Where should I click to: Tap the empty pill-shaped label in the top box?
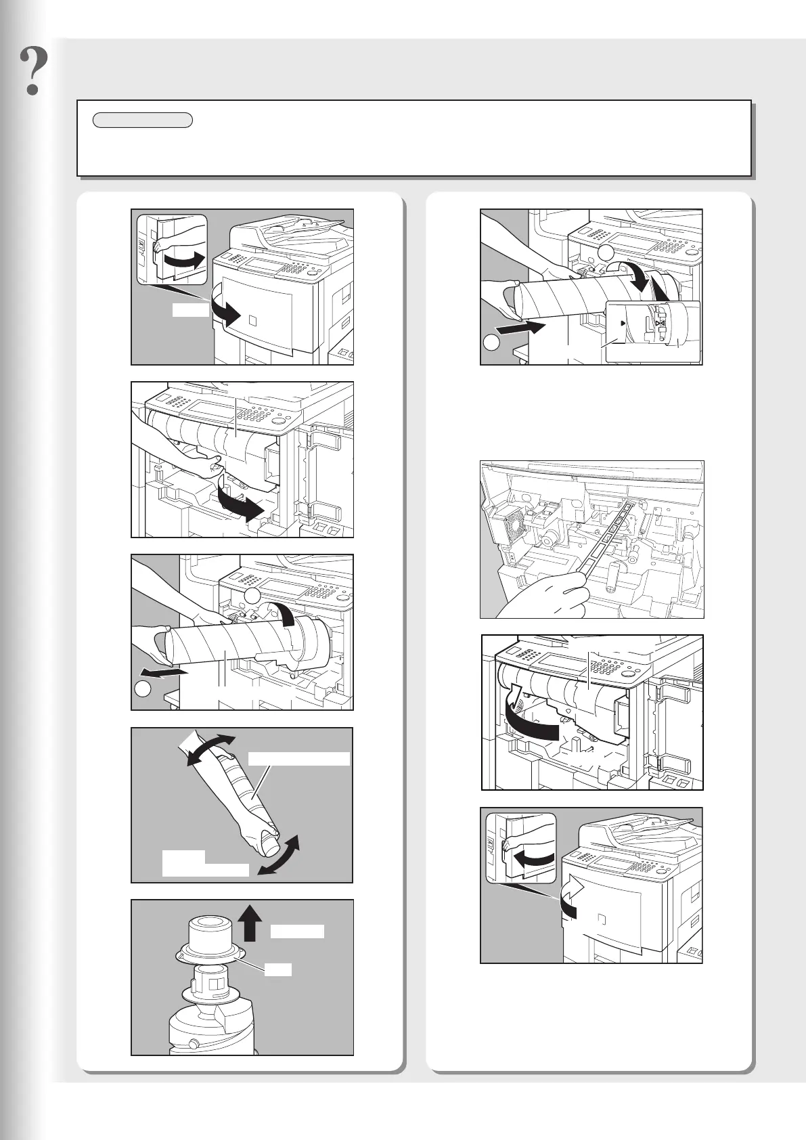[143, 121]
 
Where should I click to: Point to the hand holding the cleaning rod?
[541, 596]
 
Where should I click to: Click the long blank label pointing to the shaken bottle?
[298, 759]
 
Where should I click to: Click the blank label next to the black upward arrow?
[297, 931]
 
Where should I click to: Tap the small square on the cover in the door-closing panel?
[602, 919]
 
